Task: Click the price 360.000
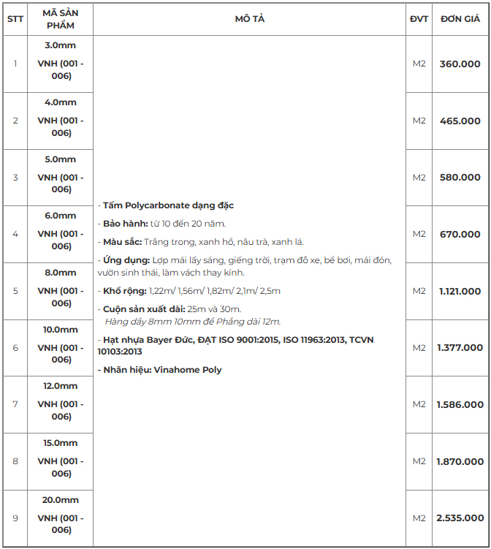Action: tap(460, 64)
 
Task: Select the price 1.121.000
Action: tap(460, 291)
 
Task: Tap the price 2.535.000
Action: tap(460, 518)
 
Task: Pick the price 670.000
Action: tap(460, 234)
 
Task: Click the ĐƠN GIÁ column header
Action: tap(460, 19)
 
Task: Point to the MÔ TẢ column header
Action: tap(249, 19)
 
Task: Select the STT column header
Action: tap(15, 19)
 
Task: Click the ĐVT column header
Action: tap(419, 19)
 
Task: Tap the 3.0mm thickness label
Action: tap(61, 45)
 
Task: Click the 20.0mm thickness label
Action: tap(61, 500)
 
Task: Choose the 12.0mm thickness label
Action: tap(61, 386)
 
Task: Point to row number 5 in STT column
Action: tap(15, 291)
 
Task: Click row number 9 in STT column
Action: tap(15, 518)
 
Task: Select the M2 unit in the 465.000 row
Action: tap(419, 121)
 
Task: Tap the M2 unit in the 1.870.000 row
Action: tap(419, 461)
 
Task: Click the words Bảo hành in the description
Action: tap(126, 224)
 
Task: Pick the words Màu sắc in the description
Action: tap(122, 242)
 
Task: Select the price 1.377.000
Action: tap(460, 348)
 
